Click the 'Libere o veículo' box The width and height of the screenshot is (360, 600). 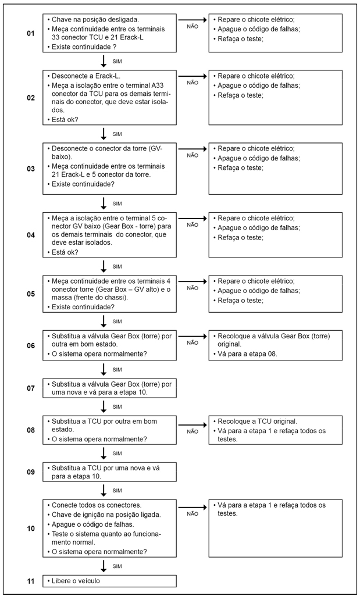click(x=110, y=581)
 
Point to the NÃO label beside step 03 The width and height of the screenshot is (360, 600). click(x=193, y=156)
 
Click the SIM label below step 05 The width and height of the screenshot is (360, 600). click(x=117, y=321)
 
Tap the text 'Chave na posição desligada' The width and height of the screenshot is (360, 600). click(x=95, y=19)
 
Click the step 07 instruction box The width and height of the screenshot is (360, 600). click(x=110, y=388)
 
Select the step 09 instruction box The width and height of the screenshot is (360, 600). click(x=110, y=471)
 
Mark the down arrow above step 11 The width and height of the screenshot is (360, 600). click(x=104, y=565)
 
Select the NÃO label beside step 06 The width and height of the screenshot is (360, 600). click(x=193, y=343)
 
